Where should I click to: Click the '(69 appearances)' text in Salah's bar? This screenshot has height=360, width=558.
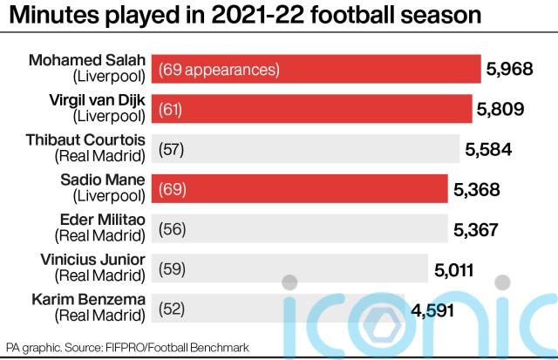click(x=218, y=69)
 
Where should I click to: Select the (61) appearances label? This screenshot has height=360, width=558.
click(x=173, y=109)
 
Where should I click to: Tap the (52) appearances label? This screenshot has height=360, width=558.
click(x=173, y=308)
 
